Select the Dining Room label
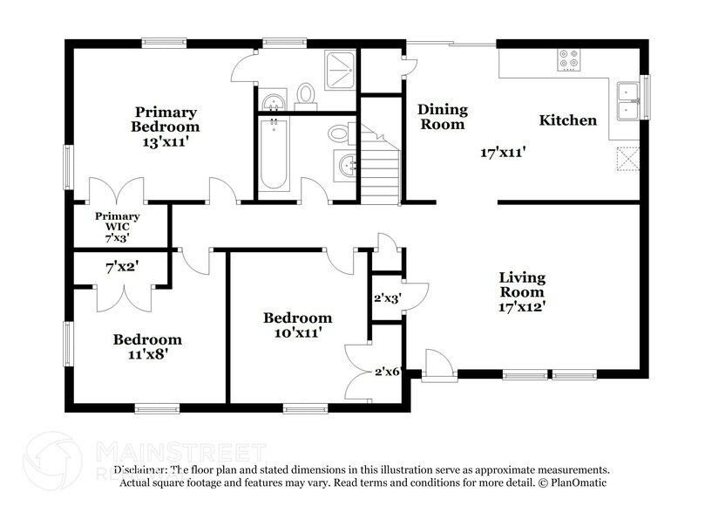click(443, 117)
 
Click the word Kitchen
click(566, 120)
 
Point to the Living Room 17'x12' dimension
click(522, 306)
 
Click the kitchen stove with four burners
click(568, 60)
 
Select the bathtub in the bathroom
click(275, 154)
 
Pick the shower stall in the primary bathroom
click(338, 69)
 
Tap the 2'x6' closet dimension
click(386, 371)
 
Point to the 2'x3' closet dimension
click(385, 298)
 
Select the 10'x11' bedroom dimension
click(297, 332)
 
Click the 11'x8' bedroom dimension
click(147, 354)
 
